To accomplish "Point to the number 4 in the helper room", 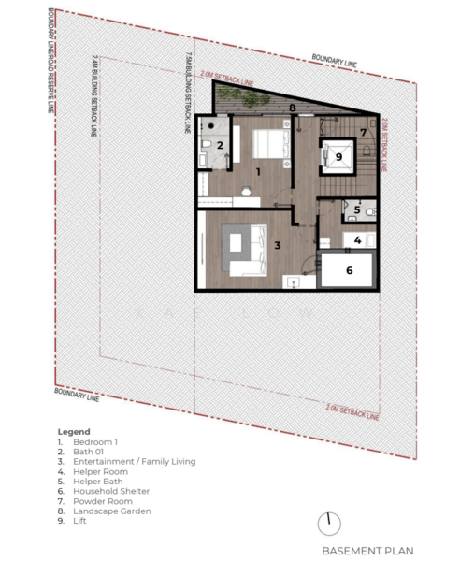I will [358, 240].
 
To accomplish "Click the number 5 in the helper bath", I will [357, 211].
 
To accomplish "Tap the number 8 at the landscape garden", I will [293, 108].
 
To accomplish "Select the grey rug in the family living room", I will [242, 249].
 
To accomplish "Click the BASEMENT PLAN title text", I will [367, 551].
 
